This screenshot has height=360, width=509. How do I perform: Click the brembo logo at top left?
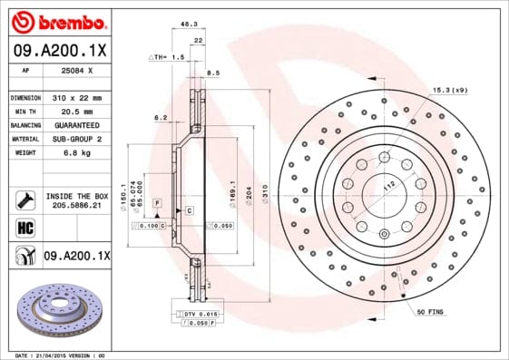point(57,20)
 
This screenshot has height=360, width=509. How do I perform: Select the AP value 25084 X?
point(76,70)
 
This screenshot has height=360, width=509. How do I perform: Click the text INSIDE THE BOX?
point(76,196)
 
